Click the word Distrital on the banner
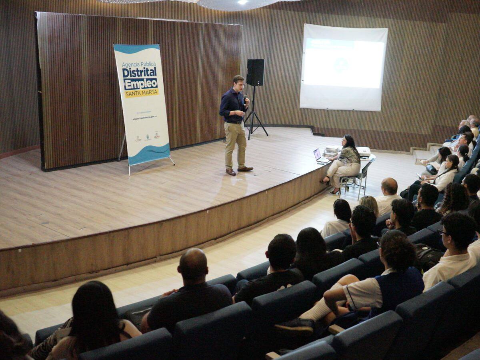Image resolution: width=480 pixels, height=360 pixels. point(139,72)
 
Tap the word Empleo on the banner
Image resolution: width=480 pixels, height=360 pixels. point(140,84)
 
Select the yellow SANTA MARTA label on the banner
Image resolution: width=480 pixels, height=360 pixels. point(141,94)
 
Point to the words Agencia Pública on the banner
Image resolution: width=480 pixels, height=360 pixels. point(138,64)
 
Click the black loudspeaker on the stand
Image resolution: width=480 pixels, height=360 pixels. point(255,72)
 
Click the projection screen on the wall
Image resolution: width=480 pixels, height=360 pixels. point(343,67)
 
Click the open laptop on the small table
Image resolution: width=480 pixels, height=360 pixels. point(319,156)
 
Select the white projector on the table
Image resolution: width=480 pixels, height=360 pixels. point(363,152)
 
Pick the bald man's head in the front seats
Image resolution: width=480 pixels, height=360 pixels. point(193,264)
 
